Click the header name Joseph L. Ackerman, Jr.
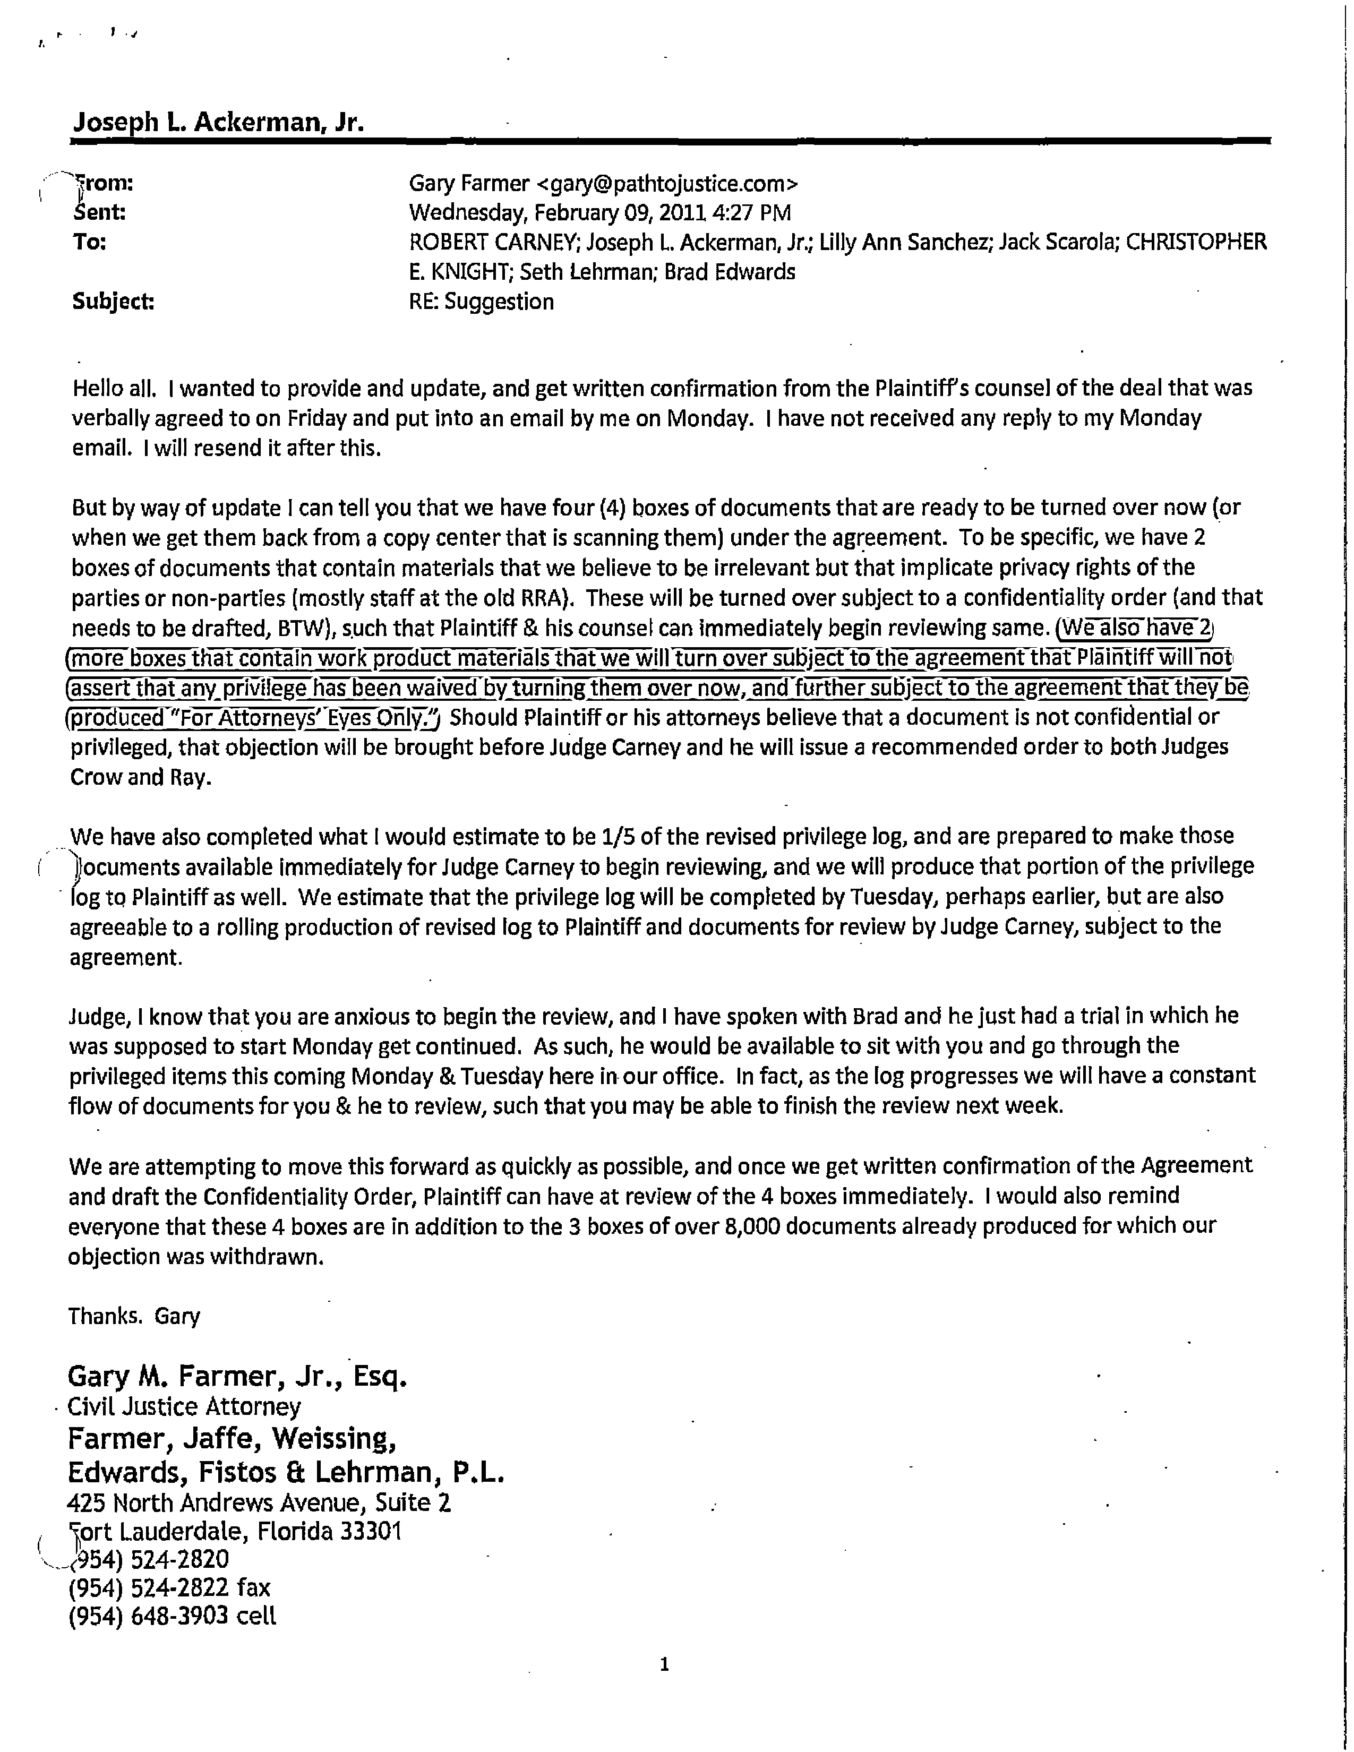(218, 122)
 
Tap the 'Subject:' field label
(113, 302)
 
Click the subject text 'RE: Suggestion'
(481, 302)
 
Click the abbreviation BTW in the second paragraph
(302, 628)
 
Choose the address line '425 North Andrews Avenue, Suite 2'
(260, 1502)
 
